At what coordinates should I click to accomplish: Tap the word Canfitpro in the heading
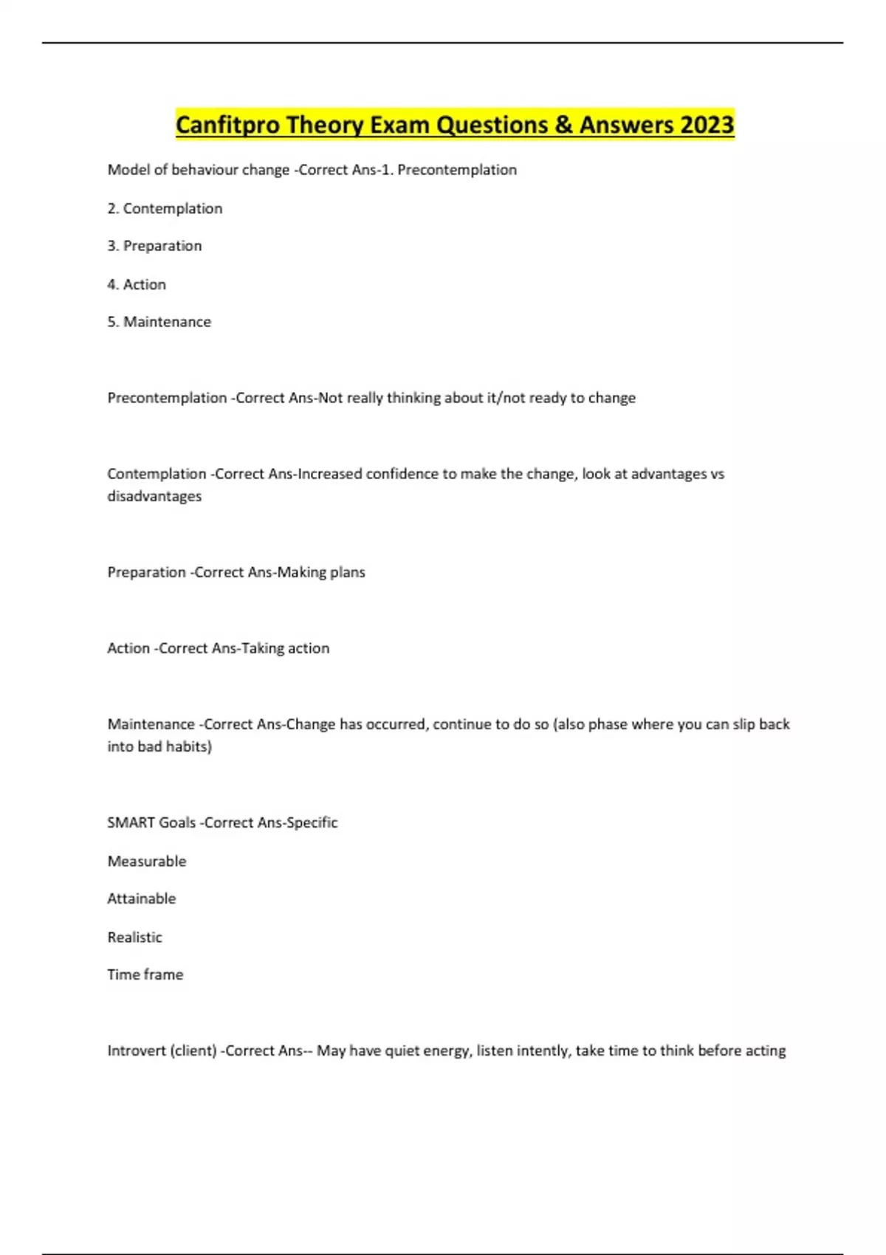[x=227, y=125]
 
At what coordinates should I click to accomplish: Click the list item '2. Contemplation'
[x=165, y=209]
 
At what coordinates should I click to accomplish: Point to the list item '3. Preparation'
[x=154, y=246]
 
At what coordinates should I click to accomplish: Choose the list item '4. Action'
[x=137, y=284]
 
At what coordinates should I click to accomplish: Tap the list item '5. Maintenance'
[x=159, y=322]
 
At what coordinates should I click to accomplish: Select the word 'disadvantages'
[x=154, y=496]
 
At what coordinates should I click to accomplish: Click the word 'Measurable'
[x=147, y=862]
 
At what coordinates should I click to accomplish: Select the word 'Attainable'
[x=142, y=898]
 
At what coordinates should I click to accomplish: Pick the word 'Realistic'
[x=134, y=938]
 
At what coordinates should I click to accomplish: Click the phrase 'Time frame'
[x=145, y=974]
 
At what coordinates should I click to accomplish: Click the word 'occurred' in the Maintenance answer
[x=397, y=724]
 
